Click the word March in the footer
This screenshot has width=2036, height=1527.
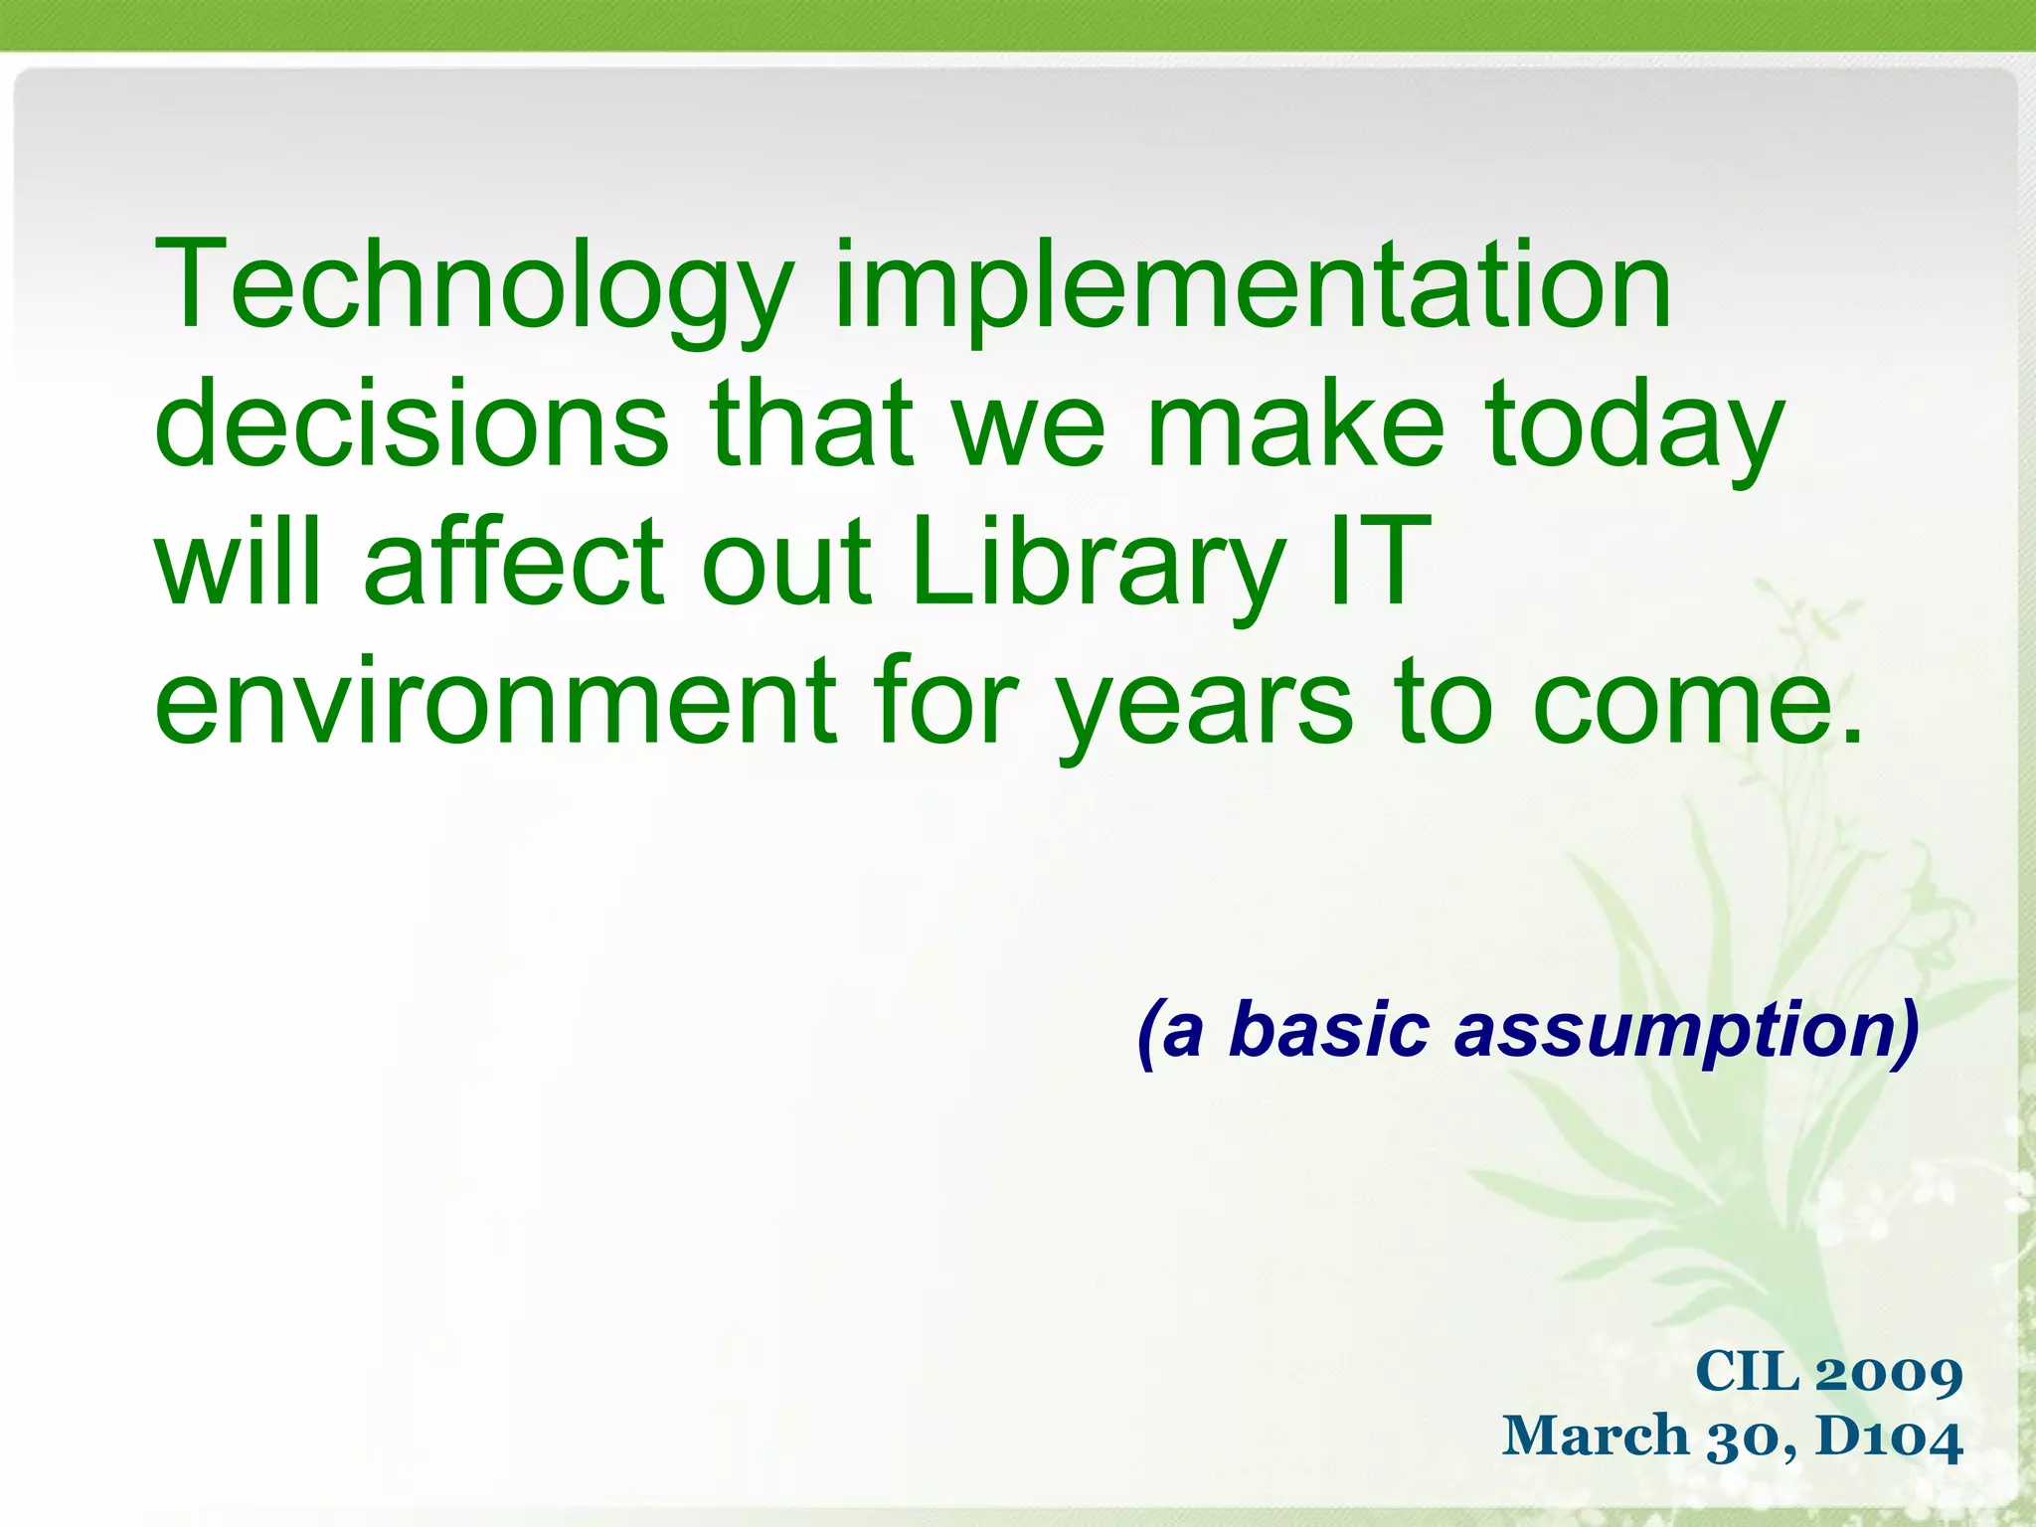(1596, 1437)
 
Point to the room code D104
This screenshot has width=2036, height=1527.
(1889, 1438)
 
